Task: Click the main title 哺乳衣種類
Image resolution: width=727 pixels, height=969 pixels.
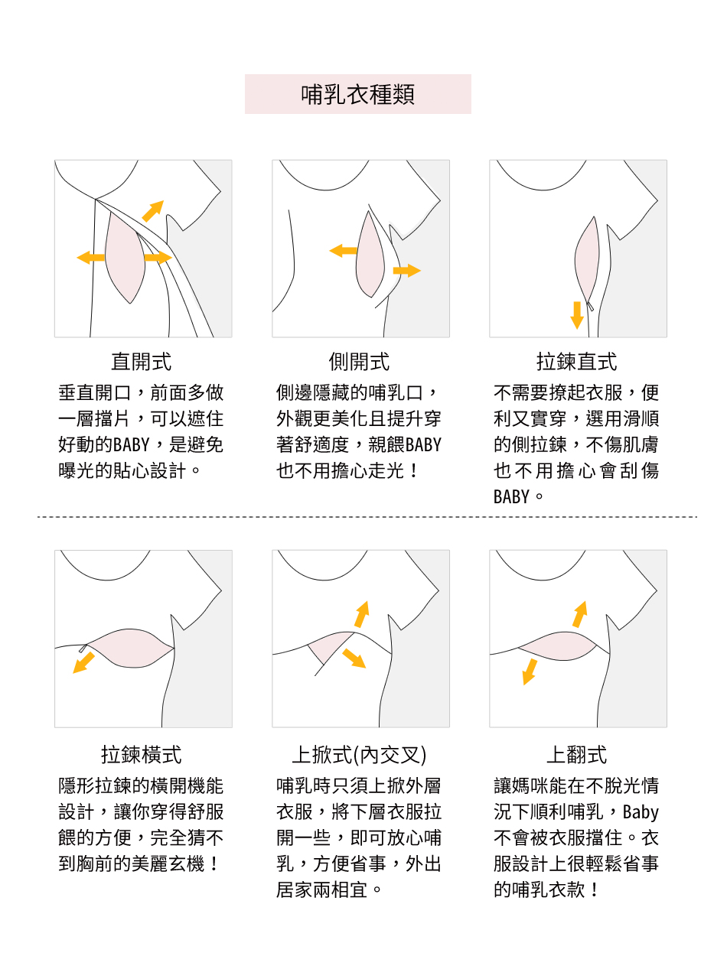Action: coord(357,95)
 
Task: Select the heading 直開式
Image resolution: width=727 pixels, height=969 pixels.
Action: coord(142,362)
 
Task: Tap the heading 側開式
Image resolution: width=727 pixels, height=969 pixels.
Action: coord(359,362)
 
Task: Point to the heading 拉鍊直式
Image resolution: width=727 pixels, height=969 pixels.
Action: coord(577,362)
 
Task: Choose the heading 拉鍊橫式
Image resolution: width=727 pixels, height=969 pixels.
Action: coord(142,754)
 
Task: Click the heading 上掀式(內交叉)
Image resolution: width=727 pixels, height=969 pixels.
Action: coord(359,754)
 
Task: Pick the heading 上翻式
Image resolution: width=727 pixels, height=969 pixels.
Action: coord(577,754)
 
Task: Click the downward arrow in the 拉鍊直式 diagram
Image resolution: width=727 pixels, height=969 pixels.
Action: coord(577,315)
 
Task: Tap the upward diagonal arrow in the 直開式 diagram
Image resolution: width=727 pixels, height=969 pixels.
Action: coord(153,210)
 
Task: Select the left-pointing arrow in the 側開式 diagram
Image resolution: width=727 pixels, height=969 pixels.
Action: coord(343,251)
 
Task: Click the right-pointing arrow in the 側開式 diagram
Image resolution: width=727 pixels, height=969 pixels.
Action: coord(407,271)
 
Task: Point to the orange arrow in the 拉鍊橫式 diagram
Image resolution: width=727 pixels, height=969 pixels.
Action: coord(84,662)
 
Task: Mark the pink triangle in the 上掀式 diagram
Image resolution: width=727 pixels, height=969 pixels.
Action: coord(328,645)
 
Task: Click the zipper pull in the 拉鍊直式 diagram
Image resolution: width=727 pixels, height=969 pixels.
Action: coord(590,305)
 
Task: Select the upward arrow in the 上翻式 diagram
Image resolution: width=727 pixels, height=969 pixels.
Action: coord(580,614)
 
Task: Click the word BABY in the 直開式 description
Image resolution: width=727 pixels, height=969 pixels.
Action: coord(131,445)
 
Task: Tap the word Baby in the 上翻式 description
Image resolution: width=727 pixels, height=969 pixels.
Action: coord(641,812)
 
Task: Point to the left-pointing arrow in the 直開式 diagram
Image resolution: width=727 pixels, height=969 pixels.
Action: coord(90,258)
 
